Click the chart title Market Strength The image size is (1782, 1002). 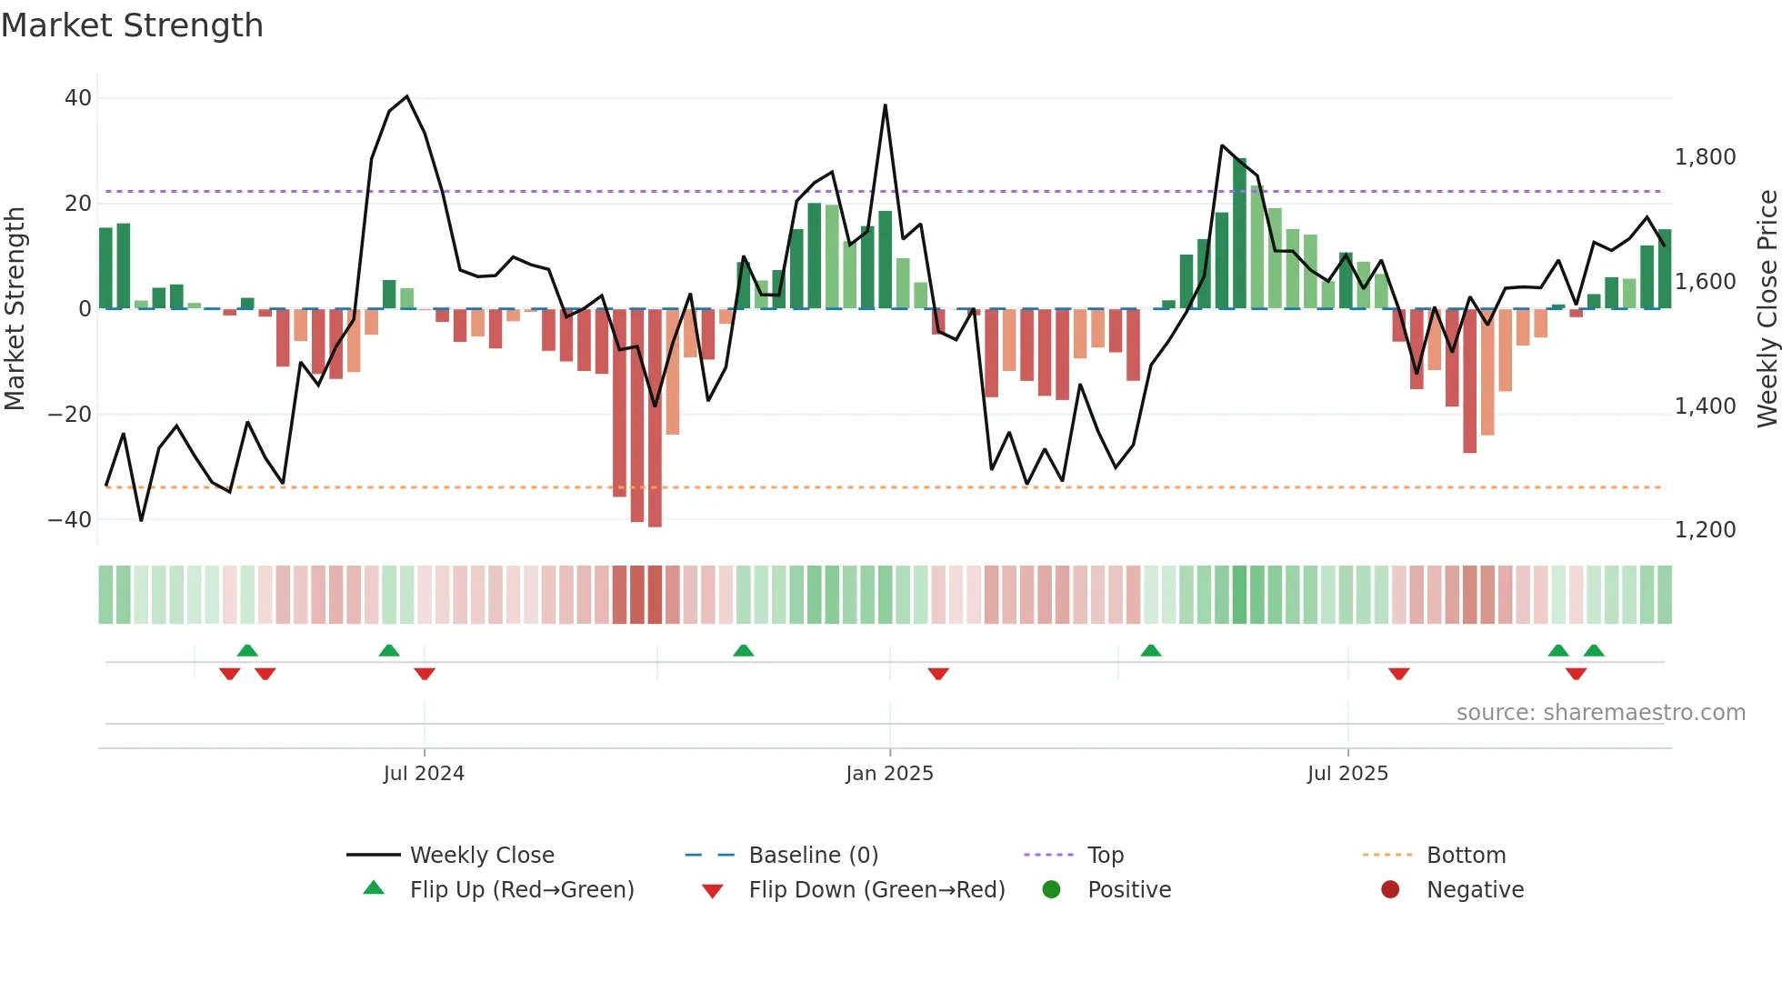point(132,25)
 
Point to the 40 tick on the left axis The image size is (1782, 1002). point(78,98)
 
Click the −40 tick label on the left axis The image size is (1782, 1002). point(70,520)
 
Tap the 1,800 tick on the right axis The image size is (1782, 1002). point(1705,157)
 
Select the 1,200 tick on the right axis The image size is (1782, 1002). point(1705,530)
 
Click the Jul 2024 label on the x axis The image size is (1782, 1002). point(424,774)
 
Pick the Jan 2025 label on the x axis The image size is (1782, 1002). point(889,774)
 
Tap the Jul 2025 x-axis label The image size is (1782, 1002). point(1347,774)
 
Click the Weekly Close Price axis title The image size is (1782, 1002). point(1767,309)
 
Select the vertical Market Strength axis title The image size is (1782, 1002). point(15,309)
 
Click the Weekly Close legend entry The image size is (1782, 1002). point(482,856)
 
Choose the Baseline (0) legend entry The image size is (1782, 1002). point(813,856)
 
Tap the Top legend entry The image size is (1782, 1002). point(1105,856)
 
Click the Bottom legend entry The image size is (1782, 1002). point(1466,856)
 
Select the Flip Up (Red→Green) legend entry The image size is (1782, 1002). point(521,890)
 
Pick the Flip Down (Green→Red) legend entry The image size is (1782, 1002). point(876,890)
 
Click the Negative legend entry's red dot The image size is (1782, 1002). point(1390,890)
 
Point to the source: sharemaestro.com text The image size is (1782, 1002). point(1600,713)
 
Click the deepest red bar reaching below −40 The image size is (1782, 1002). point(655,418)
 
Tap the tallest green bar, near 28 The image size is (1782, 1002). point(1239,234)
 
